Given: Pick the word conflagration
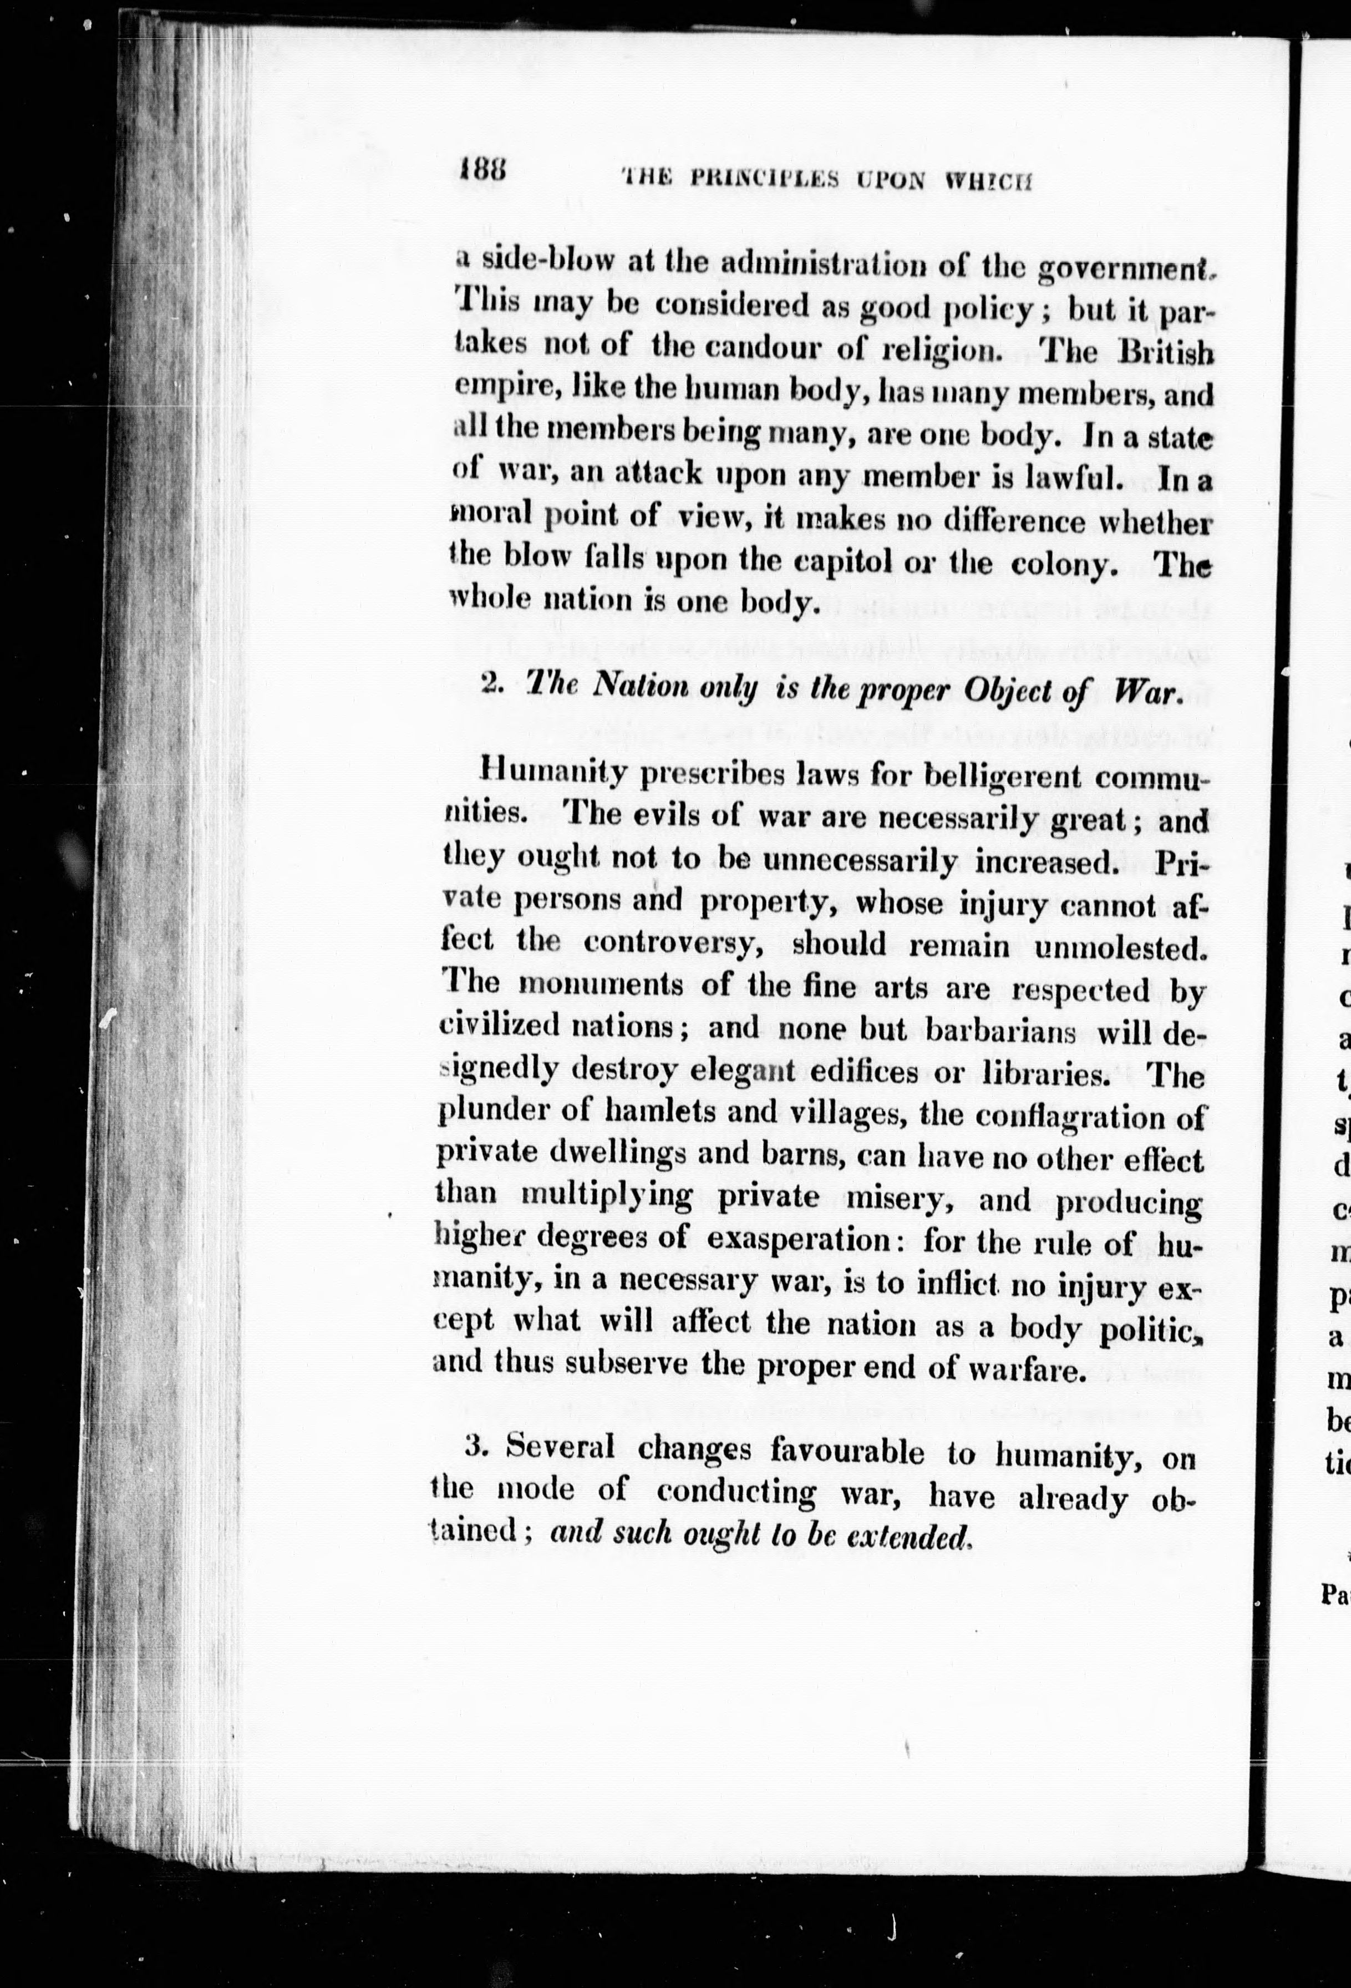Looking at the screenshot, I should [1067, 1117].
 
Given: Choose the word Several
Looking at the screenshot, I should [561, 1447].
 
